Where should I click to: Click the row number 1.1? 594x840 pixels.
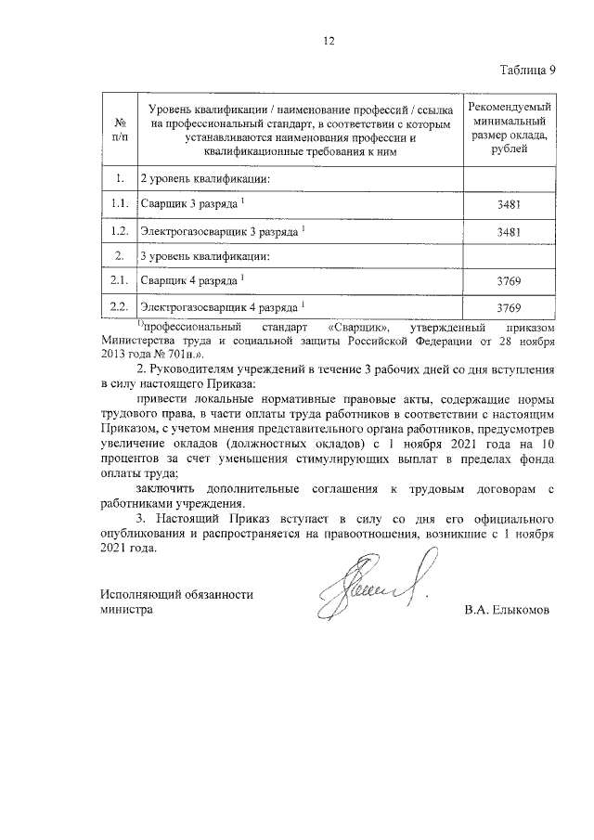click(119, 203)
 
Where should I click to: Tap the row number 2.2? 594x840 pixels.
click(119, 306)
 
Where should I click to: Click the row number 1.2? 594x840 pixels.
click(119, 229)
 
